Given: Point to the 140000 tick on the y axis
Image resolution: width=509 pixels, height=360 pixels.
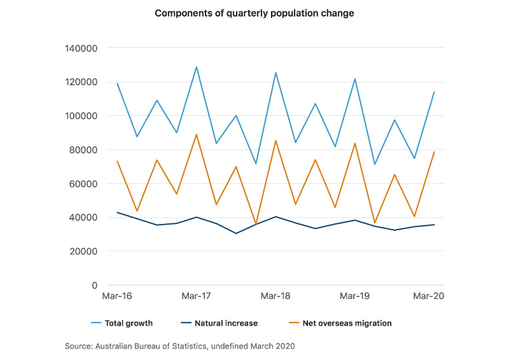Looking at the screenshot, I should [x=80, y=48].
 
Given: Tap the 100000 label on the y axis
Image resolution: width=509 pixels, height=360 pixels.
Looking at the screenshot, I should [x=80, y=116].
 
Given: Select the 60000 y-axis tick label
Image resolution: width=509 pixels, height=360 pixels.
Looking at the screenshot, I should [x=83, y=184].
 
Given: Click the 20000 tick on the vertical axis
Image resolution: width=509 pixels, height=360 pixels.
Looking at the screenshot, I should [x=83, y=251].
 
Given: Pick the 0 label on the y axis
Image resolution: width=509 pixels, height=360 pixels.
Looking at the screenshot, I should [x=94, y=286].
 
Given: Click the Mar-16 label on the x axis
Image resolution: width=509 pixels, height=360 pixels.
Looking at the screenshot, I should [x=117, y=296].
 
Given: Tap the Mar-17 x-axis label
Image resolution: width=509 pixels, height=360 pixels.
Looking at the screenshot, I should [x=197, y=296].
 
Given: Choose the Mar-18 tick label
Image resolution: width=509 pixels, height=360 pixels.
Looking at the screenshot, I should [x=275, y=296].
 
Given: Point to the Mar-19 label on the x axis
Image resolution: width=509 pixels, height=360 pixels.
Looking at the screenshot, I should [x=355, y=296].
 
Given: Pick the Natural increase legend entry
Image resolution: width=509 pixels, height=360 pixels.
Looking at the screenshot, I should [x=224, y=323].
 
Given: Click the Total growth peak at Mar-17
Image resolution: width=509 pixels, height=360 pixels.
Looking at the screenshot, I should [x=197, y=67].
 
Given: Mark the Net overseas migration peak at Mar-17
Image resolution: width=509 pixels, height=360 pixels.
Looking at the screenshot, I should [x=197, y=134].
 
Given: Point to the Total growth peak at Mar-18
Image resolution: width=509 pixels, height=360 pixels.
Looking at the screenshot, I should [x=275, y=73].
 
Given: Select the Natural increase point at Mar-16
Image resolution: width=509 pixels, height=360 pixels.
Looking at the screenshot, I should [x=117, y=212].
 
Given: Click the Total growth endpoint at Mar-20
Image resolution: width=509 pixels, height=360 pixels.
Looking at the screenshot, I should [x=434, y=92].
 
